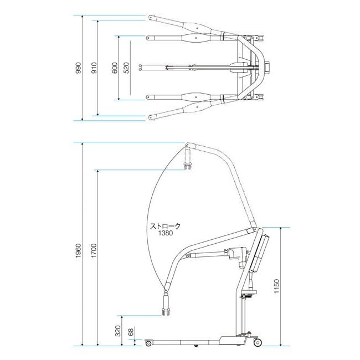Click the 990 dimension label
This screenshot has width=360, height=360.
79,68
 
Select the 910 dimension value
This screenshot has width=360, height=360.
94,68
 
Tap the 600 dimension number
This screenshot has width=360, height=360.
115,68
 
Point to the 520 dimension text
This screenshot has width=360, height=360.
126,68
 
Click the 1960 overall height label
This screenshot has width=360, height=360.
79,250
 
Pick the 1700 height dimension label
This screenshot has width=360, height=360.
94,250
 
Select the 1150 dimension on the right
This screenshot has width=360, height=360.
277,286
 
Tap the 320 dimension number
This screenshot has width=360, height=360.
118,331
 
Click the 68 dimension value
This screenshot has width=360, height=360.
131,332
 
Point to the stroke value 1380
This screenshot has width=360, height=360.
165,233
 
